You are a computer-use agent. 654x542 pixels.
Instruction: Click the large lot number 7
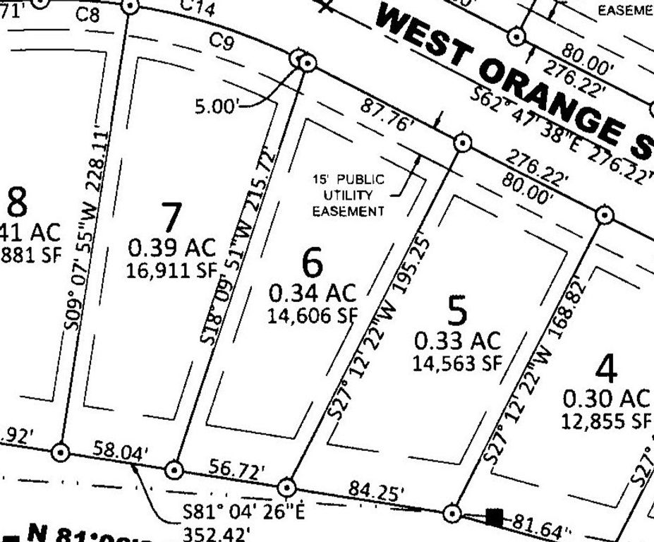[x=171, y=217]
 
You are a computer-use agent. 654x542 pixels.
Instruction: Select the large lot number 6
[x=313, y=263]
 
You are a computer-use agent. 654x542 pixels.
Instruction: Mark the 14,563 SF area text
[x=457, y=363]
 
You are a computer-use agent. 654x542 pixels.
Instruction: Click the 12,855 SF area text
[x=605, y=421]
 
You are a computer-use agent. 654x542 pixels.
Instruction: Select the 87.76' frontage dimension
[x=387, y=114]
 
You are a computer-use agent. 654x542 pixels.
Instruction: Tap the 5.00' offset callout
[x=217, y=107]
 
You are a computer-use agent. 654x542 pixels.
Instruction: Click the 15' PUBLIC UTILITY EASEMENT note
[x=349, y=195]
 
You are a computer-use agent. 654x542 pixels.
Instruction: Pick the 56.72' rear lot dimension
[x=236, y=469]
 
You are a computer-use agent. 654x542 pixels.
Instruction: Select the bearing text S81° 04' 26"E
[x=243, y=512]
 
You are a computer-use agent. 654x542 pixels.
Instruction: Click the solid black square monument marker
[x=495, y=517]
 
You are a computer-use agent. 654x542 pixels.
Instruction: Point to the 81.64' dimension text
[x=542, y=526]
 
